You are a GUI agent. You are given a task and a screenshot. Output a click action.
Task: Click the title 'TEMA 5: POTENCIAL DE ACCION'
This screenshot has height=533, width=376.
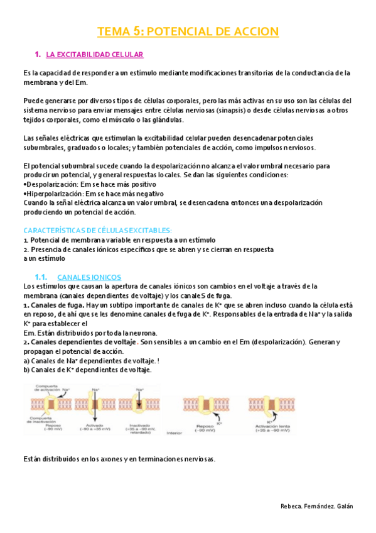(188, 32)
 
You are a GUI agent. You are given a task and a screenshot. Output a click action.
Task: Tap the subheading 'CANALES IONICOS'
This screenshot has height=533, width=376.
(89, 277)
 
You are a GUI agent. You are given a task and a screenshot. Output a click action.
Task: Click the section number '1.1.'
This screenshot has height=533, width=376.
(42, 277)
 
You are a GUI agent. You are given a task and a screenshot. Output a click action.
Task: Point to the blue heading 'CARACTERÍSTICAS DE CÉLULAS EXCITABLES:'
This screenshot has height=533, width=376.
(97, 231)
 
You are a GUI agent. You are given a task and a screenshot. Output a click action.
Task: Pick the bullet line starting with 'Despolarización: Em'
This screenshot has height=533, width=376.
(82, 184)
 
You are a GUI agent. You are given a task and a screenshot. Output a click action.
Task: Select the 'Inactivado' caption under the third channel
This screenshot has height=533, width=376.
(140, 427)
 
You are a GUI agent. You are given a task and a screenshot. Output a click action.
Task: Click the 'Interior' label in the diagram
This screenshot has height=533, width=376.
(174, 433)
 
